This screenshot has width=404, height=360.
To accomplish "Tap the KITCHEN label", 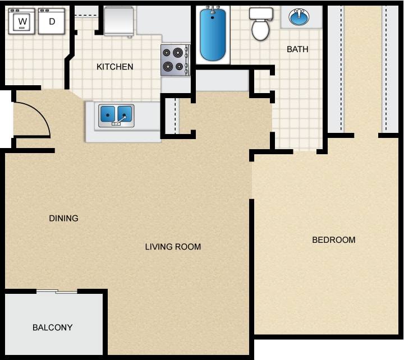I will click(115, 67).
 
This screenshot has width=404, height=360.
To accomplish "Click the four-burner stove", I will click(175, 60).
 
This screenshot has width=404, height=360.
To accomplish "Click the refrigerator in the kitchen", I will click(118, 21).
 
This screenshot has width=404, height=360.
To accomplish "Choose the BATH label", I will click(297, 49).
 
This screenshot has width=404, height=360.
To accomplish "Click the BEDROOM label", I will click(333, 240).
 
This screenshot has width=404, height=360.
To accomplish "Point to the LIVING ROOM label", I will click(173, 247).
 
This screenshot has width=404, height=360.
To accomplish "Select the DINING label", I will click(63, 218).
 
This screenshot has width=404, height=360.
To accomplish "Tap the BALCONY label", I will click(52, 327).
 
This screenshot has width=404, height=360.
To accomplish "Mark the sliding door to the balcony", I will click(57, 291).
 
